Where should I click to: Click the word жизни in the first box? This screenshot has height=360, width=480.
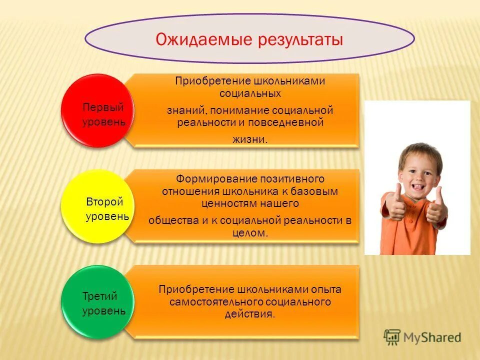tap(249, 140)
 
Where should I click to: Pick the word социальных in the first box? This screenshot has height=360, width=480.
tap(250, 93)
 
